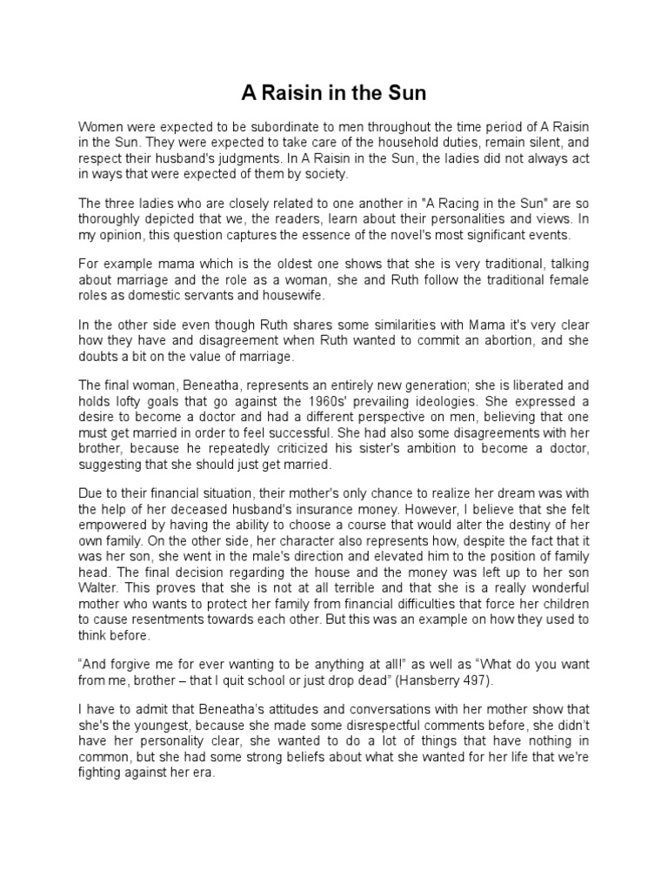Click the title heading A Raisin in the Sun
[333, 92]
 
